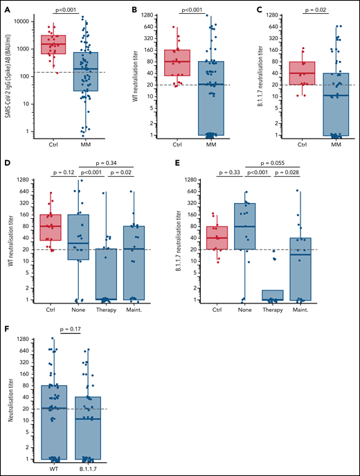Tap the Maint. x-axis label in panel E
[299, 310]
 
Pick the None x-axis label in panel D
[78, 310]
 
